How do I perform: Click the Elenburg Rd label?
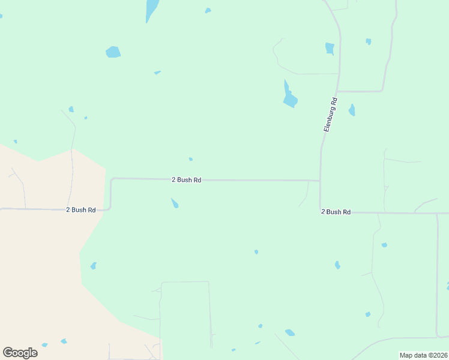pyautogui.click(x=331, y=115)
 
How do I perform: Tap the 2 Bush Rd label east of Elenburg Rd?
pyautogui.click(x=336, y=212)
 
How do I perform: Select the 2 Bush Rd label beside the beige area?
pyautogui.click(x=80, y=209)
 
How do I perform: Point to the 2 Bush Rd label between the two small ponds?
pyautogui.click(x=186, y=179)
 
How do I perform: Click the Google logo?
pyautogui.click(x=20, y=352)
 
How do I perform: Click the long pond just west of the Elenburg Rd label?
pyautogui.click(x=289, y=96)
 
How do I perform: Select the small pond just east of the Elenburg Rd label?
pyautogui.click(x=352, y=110)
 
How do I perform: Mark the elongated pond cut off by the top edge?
pyautogui.click(x=152, y=9)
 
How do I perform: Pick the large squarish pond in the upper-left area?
pyautogui.click(x=113, y=52)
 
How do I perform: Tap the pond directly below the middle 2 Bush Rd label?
pyautogui.click(x=175, y=203)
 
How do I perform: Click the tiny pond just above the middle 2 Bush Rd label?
pyautogui.click(x=191, y=159)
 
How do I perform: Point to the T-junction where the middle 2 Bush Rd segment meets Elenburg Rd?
pyautogui.click(x=320, y=180)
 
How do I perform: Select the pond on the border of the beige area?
pyautogui.click(x=93, y=266)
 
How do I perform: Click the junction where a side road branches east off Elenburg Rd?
pyautogui.click(x=338, y=91)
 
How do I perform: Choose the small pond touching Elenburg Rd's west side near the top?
pyautogui.click(x=330, y=49)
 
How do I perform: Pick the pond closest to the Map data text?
pyautogui.click(x=367, y=314)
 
